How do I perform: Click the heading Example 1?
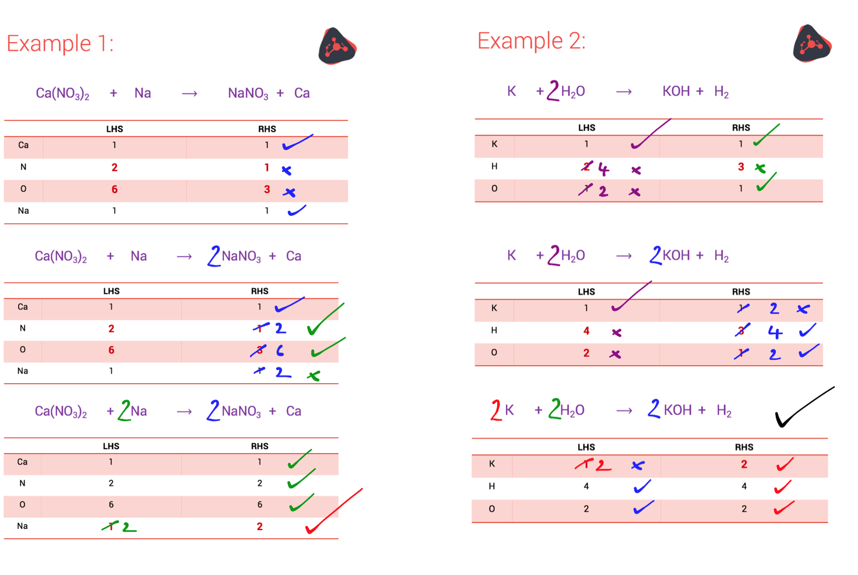point(60,44)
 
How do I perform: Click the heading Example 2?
point(531,41)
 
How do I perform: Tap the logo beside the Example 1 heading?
point(337,46)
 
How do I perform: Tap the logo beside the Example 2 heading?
point(811,43)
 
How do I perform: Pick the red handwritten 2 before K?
point(495,410)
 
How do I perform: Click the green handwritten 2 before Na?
point(124,410)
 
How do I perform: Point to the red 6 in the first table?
point(114,190)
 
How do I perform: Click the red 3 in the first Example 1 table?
point(267,190)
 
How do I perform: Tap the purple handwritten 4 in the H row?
point(603,170)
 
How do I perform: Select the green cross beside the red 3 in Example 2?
point(760,168)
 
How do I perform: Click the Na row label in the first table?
point(23,211)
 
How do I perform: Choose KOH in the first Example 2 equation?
point(676,92)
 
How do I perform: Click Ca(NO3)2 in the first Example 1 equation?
point(62,93)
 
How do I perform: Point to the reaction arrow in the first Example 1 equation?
point(189,93)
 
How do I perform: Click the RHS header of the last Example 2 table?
point(744,447)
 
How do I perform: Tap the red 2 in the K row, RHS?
point(744,465)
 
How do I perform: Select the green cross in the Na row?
point(314,376)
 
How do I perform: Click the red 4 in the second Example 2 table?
point(586,331)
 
